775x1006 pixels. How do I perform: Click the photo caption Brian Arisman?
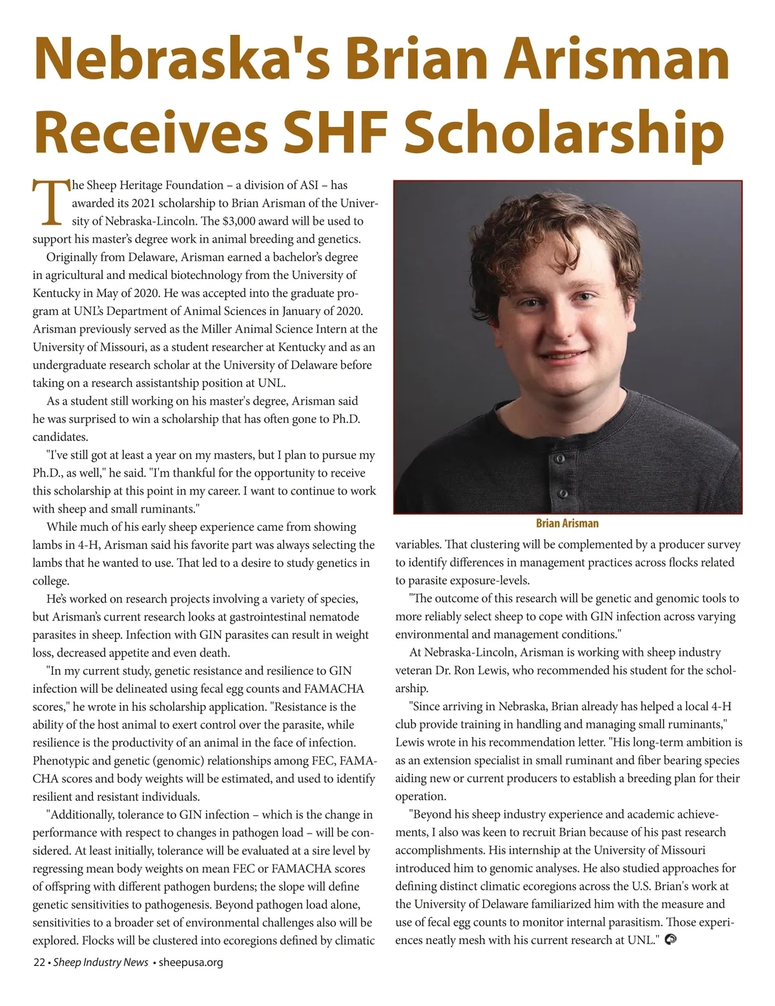point(567,523)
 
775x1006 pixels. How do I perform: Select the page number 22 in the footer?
point(39,962)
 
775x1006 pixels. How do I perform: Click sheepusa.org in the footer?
point(191,962)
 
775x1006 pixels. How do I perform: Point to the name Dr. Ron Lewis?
point(470,670)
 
